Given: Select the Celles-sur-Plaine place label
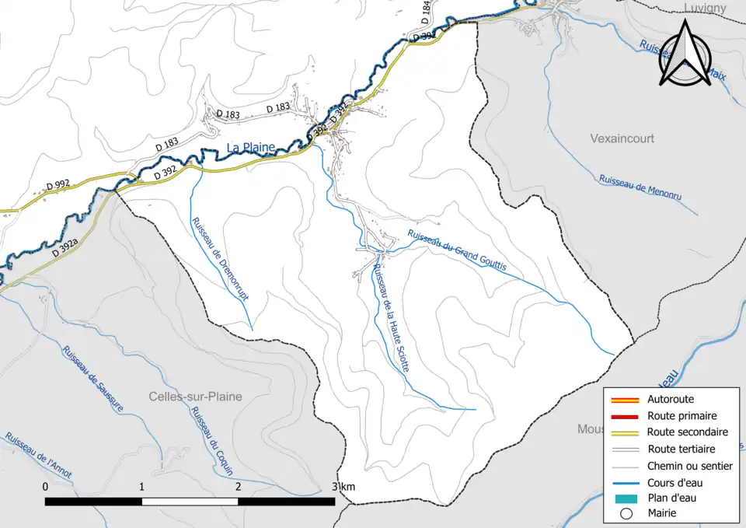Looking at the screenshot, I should [x=195, y=397].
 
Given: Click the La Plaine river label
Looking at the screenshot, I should [x=251, y=148].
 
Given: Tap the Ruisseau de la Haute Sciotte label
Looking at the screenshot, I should [x=390, y=319].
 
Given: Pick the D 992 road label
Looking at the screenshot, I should [x=58, y=184].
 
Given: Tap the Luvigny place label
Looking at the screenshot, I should [x=705, y=8].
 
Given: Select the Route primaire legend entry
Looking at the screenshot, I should [x=682, y=416].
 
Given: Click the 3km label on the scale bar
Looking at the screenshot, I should [x=343, y=487].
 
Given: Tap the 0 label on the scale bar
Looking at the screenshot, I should [x=46, y=487].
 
